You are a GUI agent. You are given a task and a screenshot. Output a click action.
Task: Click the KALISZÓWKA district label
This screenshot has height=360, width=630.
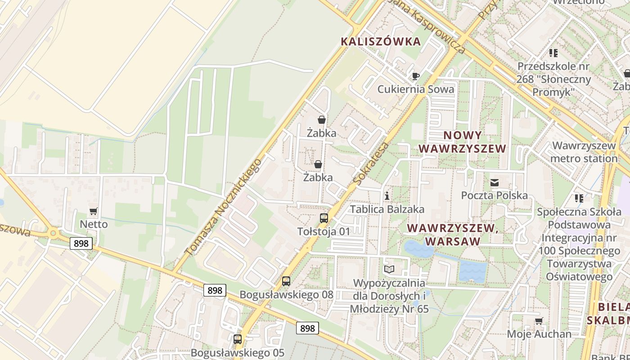point(381,42)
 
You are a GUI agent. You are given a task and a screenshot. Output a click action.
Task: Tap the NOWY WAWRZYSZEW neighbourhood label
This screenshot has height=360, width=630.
point(463,142)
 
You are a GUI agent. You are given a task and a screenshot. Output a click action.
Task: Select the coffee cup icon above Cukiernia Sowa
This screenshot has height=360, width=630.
point(415,76)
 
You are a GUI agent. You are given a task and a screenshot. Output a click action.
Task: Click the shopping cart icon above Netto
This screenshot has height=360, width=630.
point(94,211)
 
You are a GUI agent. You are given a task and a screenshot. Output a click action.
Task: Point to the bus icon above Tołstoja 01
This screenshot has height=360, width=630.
point(324,218)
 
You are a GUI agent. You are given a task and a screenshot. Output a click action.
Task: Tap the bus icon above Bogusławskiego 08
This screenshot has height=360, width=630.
point(286,282)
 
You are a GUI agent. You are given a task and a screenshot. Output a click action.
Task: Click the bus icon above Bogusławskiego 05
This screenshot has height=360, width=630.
point(238,339)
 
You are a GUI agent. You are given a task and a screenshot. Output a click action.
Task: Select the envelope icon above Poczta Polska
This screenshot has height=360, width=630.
point(495,183)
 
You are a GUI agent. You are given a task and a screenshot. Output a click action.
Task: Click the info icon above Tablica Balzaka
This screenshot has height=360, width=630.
point(387,196)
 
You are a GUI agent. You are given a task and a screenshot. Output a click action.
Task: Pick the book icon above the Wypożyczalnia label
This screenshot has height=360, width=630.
point(389,270)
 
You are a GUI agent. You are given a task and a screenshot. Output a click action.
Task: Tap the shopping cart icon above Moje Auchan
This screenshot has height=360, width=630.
point(539,321)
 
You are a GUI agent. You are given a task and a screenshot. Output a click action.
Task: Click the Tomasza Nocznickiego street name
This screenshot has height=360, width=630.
point(223,207)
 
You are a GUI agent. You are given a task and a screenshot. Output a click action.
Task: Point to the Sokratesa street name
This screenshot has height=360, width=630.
point(371,164)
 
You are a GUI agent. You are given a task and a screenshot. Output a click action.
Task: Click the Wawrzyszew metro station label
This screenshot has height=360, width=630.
point(584,152)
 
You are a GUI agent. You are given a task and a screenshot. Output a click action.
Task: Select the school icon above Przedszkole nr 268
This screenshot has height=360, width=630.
point(553,53)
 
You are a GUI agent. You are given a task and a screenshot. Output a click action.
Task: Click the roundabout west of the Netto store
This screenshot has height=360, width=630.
point(54,234)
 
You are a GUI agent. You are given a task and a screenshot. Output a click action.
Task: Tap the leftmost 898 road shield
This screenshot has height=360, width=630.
point(81,243)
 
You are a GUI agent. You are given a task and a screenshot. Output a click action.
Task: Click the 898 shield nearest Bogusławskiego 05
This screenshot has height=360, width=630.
point(307,328)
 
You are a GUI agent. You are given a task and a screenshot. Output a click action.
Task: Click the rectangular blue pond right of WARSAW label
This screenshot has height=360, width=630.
point(472,271)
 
